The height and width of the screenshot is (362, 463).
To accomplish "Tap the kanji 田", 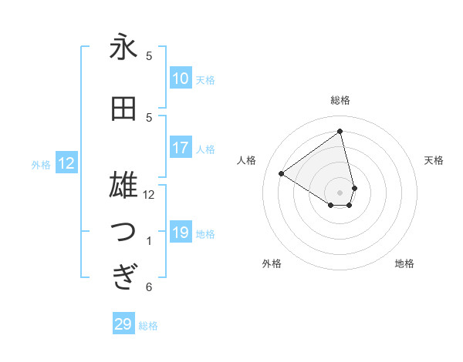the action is coord(123,109).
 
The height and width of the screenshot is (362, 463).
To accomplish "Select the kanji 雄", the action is coord(123,186).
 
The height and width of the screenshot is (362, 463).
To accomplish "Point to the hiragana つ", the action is coord(123,233).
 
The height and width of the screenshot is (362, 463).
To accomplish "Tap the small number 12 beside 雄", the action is coord(149,194).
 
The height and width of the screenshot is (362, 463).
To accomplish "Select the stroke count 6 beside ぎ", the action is coord(149,287).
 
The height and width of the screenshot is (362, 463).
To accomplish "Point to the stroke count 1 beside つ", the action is coord(149,241).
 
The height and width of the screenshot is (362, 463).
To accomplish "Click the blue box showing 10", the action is coord(180,79).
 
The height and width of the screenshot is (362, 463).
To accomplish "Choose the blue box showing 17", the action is coord(180,148).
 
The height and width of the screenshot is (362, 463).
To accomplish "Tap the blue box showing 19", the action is coord(180,233).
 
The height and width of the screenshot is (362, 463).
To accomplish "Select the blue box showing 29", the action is coord(123,324).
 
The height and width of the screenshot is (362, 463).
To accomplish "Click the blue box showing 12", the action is coord(66,163).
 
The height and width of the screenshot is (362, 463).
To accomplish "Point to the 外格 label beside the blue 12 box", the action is coord(41,164).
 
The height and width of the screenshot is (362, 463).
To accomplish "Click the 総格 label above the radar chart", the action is coord(340,100).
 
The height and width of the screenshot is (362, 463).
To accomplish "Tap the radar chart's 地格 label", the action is coord(404,263).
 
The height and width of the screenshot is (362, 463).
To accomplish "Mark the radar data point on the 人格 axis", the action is coord(282,173).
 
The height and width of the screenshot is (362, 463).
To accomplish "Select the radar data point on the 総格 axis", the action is coord(340,131).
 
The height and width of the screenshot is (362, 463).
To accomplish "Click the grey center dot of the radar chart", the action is coord(340,192).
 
